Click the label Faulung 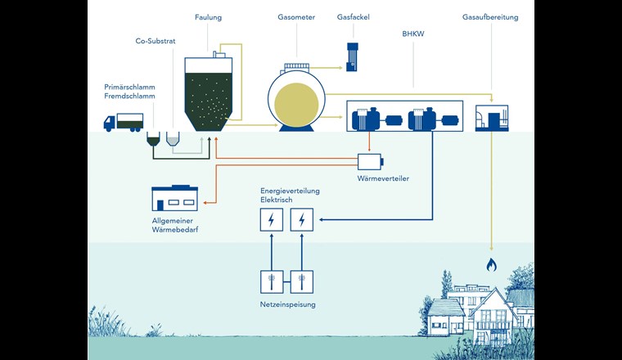tap(208, 17)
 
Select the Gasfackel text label tap(354, 17)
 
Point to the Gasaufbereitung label tap(489, 17)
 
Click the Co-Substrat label tap(155, 40)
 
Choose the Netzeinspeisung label tap(286, 304)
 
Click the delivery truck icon tap(123, 122)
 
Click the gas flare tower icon tap(353, 55)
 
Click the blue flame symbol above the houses tap(491, 264)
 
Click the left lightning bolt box tap(270, 219)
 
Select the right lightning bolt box tap(302, 219)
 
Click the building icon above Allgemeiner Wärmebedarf tap(174, 198)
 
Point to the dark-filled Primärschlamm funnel tap(154, 140)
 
